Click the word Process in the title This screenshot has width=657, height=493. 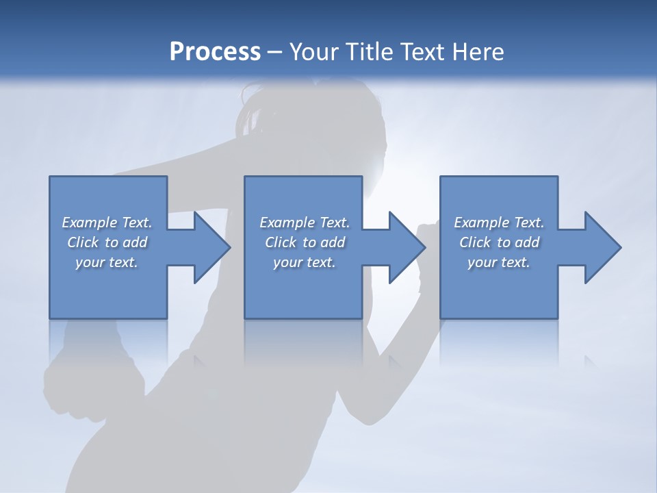pos(215,51)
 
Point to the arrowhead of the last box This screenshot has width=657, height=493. pos(603,247)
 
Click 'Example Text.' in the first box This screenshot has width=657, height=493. pos(107,223)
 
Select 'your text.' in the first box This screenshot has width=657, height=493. pos(107,262)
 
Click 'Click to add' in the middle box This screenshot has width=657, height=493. pos(305,242)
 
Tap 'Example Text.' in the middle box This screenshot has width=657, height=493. pos(305,223)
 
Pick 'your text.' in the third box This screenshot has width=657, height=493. pos(499,262)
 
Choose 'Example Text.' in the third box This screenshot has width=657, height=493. pos(499,223)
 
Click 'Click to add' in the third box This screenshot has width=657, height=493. pos(499,242)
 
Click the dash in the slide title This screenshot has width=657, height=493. pos(275,52)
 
